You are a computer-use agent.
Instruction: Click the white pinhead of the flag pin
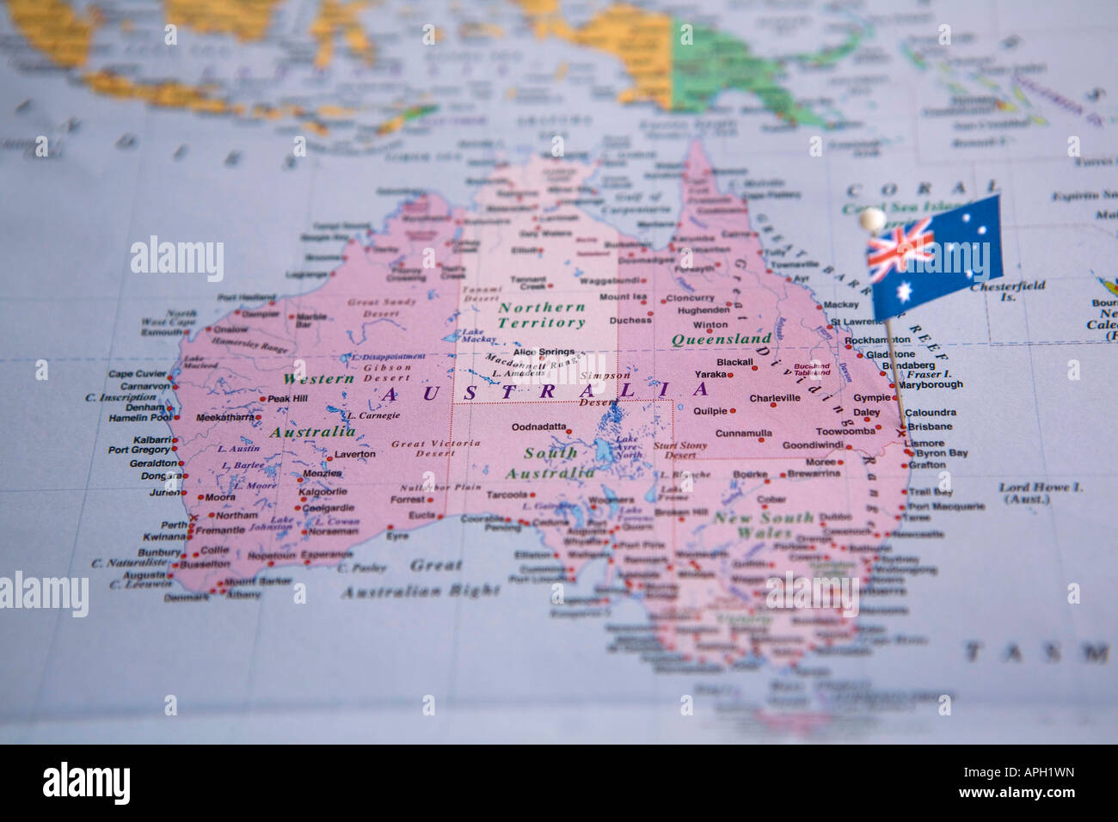coord(874,218)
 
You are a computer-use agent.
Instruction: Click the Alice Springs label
coord(543,353)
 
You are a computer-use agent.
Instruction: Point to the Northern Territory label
coord(542,315)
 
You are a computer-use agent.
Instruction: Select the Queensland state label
coord(721,339)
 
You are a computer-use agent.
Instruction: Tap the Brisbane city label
coord(930,426)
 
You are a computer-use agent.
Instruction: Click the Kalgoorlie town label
coord(322,492)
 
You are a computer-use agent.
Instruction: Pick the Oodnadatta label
coord(539,426)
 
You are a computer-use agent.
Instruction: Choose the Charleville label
coord(774,398)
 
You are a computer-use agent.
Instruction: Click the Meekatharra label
coord(224,418)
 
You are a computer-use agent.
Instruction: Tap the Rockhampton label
coord(877,340)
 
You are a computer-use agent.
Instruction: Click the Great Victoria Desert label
coord(422,448)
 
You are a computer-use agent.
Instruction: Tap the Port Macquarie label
coord(946,506)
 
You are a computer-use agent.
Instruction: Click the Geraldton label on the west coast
coord(153,462)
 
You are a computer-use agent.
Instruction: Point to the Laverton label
coord(354,454)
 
